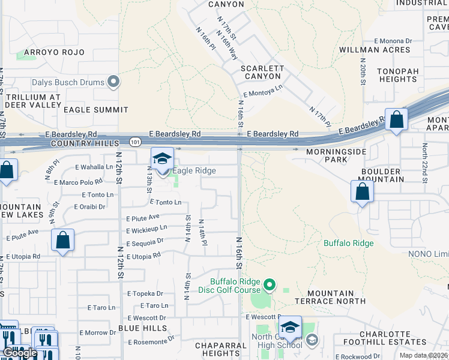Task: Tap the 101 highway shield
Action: coord(135,142)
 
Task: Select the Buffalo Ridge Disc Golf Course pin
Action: coord(270,285)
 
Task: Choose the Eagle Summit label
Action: coord(96,110)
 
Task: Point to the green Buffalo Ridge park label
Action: coord(349,243)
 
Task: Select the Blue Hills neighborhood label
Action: coord(142,328)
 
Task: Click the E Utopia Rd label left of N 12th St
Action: coord(23,256)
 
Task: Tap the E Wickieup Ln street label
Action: coord(146,229)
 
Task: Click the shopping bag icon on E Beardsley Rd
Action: coord(396,120)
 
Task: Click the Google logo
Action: coord(20,353)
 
